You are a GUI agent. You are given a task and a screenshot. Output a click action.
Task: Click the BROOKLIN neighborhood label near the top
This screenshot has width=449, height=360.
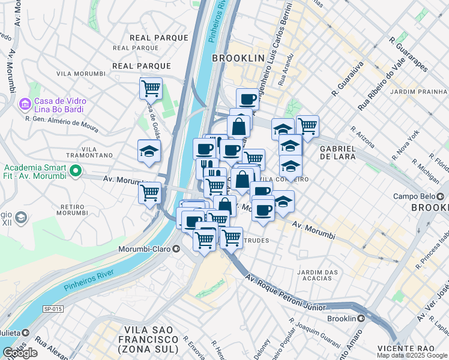tap(238, 58)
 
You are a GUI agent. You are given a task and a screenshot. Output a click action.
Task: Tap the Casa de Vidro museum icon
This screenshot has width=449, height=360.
tap(25, 105)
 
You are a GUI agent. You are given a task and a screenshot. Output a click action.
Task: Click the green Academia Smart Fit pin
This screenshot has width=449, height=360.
tap(75, 172)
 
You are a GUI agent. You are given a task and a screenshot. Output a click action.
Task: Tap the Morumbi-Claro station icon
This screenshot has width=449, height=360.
tap(176, 248)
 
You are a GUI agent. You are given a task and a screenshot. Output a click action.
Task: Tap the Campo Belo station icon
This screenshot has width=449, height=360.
tap(442, 196)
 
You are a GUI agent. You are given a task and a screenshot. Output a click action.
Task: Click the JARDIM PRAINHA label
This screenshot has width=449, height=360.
tap(418, 92)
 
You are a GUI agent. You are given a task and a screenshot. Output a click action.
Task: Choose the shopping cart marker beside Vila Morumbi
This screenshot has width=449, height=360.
tap(151, 88)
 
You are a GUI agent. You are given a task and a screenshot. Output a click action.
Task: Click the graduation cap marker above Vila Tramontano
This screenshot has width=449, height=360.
tap(149, 151)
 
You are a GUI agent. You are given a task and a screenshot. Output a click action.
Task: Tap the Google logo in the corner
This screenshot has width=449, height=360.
tap(20, 353)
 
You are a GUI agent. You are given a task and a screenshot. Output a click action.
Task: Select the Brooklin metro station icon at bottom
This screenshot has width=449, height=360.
tap(361, 319)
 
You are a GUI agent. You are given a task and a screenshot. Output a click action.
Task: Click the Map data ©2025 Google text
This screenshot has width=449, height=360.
tap(412, 355)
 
